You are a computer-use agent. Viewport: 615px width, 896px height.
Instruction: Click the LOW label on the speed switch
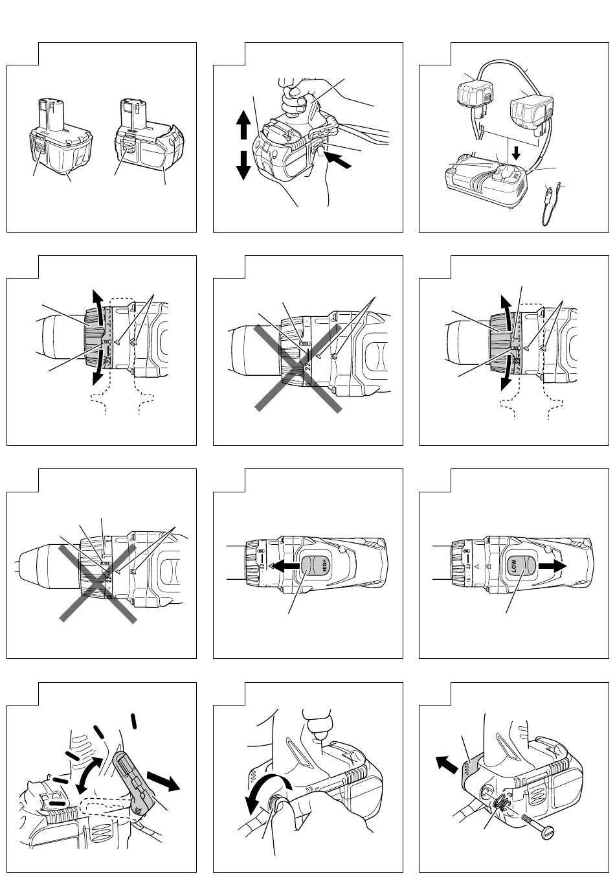516,566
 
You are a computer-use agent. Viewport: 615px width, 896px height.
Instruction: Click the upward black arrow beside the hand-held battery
243,124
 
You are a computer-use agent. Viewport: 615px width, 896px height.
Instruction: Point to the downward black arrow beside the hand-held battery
243,164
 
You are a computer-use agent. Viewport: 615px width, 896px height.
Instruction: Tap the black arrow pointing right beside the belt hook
163,780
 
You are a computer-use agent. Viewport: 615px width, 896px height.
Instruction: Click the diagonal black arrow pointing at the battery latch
340,159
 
